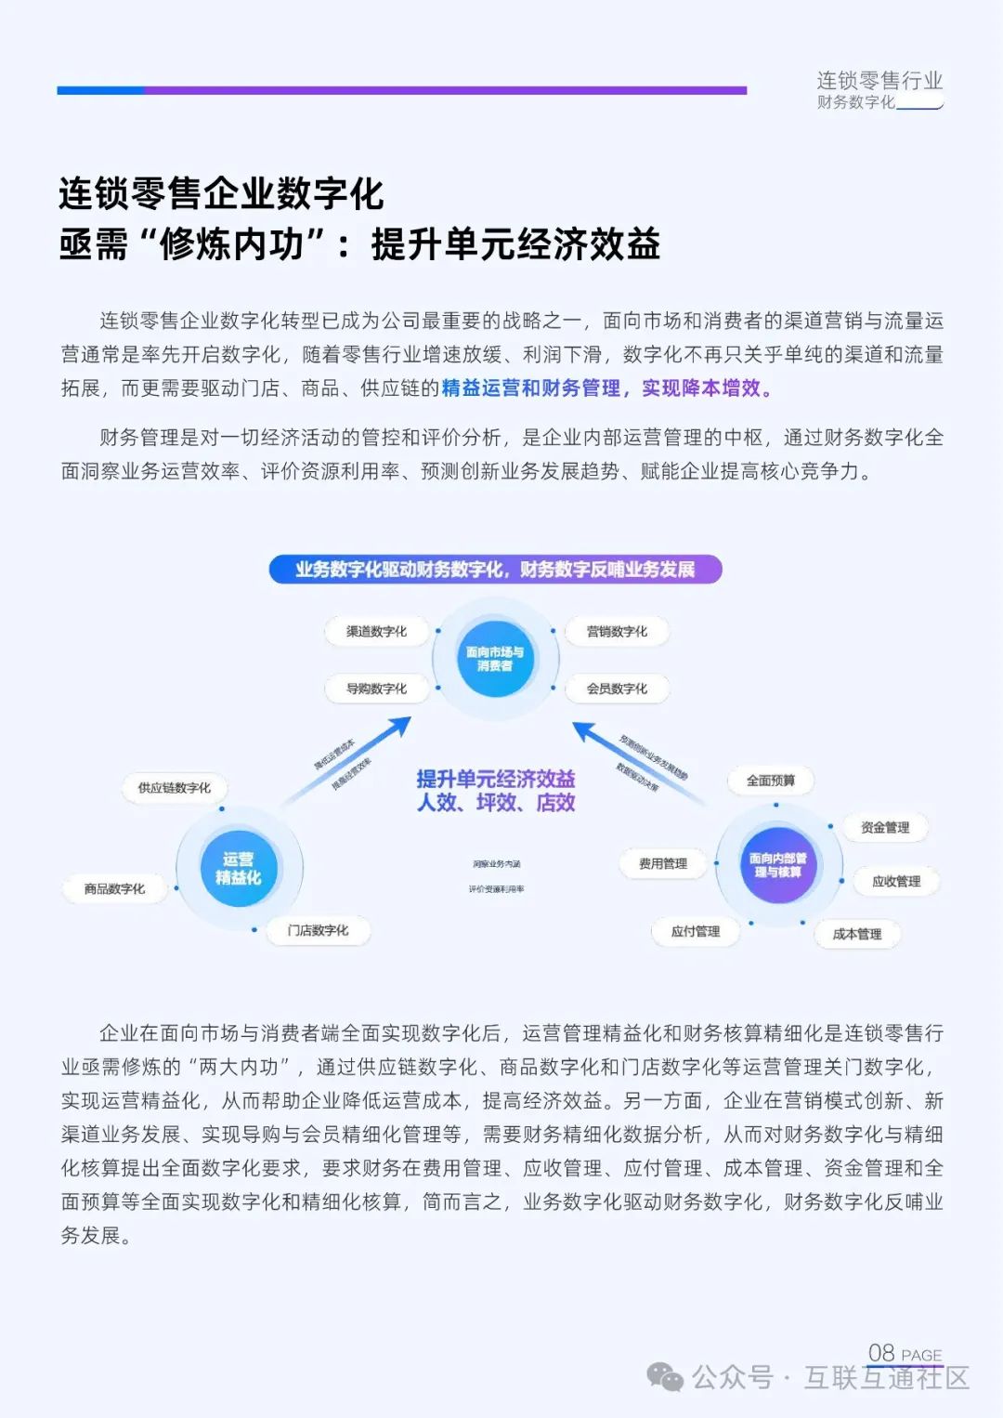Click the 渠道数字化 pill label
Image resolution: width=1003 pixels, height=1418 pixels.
(376, 632)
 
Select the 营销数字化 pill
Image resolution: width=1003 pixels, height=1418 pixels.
(617, 632)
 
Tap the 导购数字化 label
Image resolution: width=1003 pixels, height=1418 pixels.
(376, 689)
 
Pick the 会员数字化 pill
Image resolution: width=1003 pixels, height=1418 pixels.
(617, 689)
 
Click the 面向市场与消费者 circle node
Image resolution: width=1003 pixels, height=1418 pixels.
(495, 659)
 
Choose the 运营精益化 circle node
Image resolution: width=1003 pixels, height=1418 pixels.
(239, 868)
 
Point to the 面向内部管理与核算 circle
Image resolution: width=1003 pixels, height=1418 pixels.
(778, 865)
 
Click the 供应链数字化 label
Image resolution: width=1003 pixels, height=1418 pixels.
(175, 788)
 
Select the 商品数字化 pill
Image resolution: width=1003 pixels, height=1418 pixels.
(114, 889)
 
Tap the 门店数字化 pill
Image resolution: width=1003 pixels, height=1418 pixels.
(318, 930)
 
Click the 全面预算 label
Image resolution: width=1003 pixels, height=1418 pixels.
(771, 781)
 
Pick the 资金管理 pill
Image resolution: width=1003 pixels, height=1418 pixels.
(884, 827)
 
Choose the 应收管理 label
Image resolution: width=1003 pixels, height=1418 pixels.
(895, 881)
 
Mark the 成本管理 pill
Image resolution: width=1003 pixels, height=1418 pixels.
(856, 934)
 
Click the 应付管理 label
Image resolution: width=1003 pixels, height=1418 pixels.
(696, 931)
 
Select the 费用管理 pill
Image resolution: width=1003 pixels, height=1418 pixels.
(663, 864)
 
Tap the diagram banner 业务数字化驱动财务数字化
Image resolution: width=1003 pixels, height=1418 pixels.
(495, 570)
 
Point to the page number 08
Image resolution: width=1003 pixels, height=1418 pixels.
(881, 1353)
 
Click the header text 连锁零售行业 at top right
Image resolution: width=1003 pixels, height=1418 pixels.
(879, 81)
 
